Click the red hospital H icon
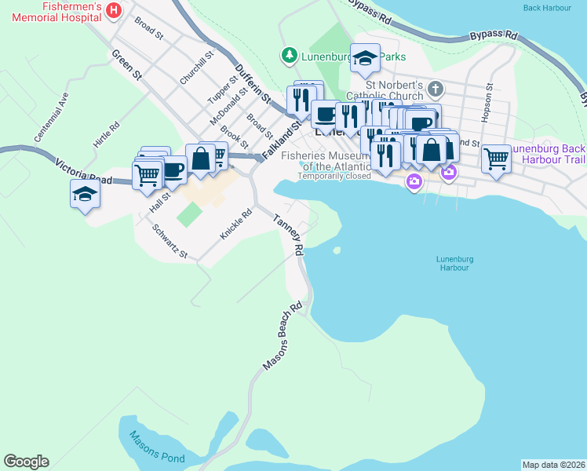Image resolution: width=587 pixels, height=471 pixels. (x=115, y=10)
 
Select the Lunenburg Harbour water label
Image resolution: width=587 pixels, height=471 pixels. (x=454, y=263)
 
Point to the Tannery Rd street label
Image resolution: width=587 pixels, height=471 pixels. (x=288, y=235)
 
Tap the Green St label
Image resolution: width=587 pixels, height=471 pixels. (x=126, y=65)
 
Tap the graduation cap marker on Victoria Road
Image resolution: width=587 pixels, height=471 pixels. (x=85, y=193)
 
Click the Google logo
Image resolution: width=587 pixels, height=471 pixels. (x=26, y=462)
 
